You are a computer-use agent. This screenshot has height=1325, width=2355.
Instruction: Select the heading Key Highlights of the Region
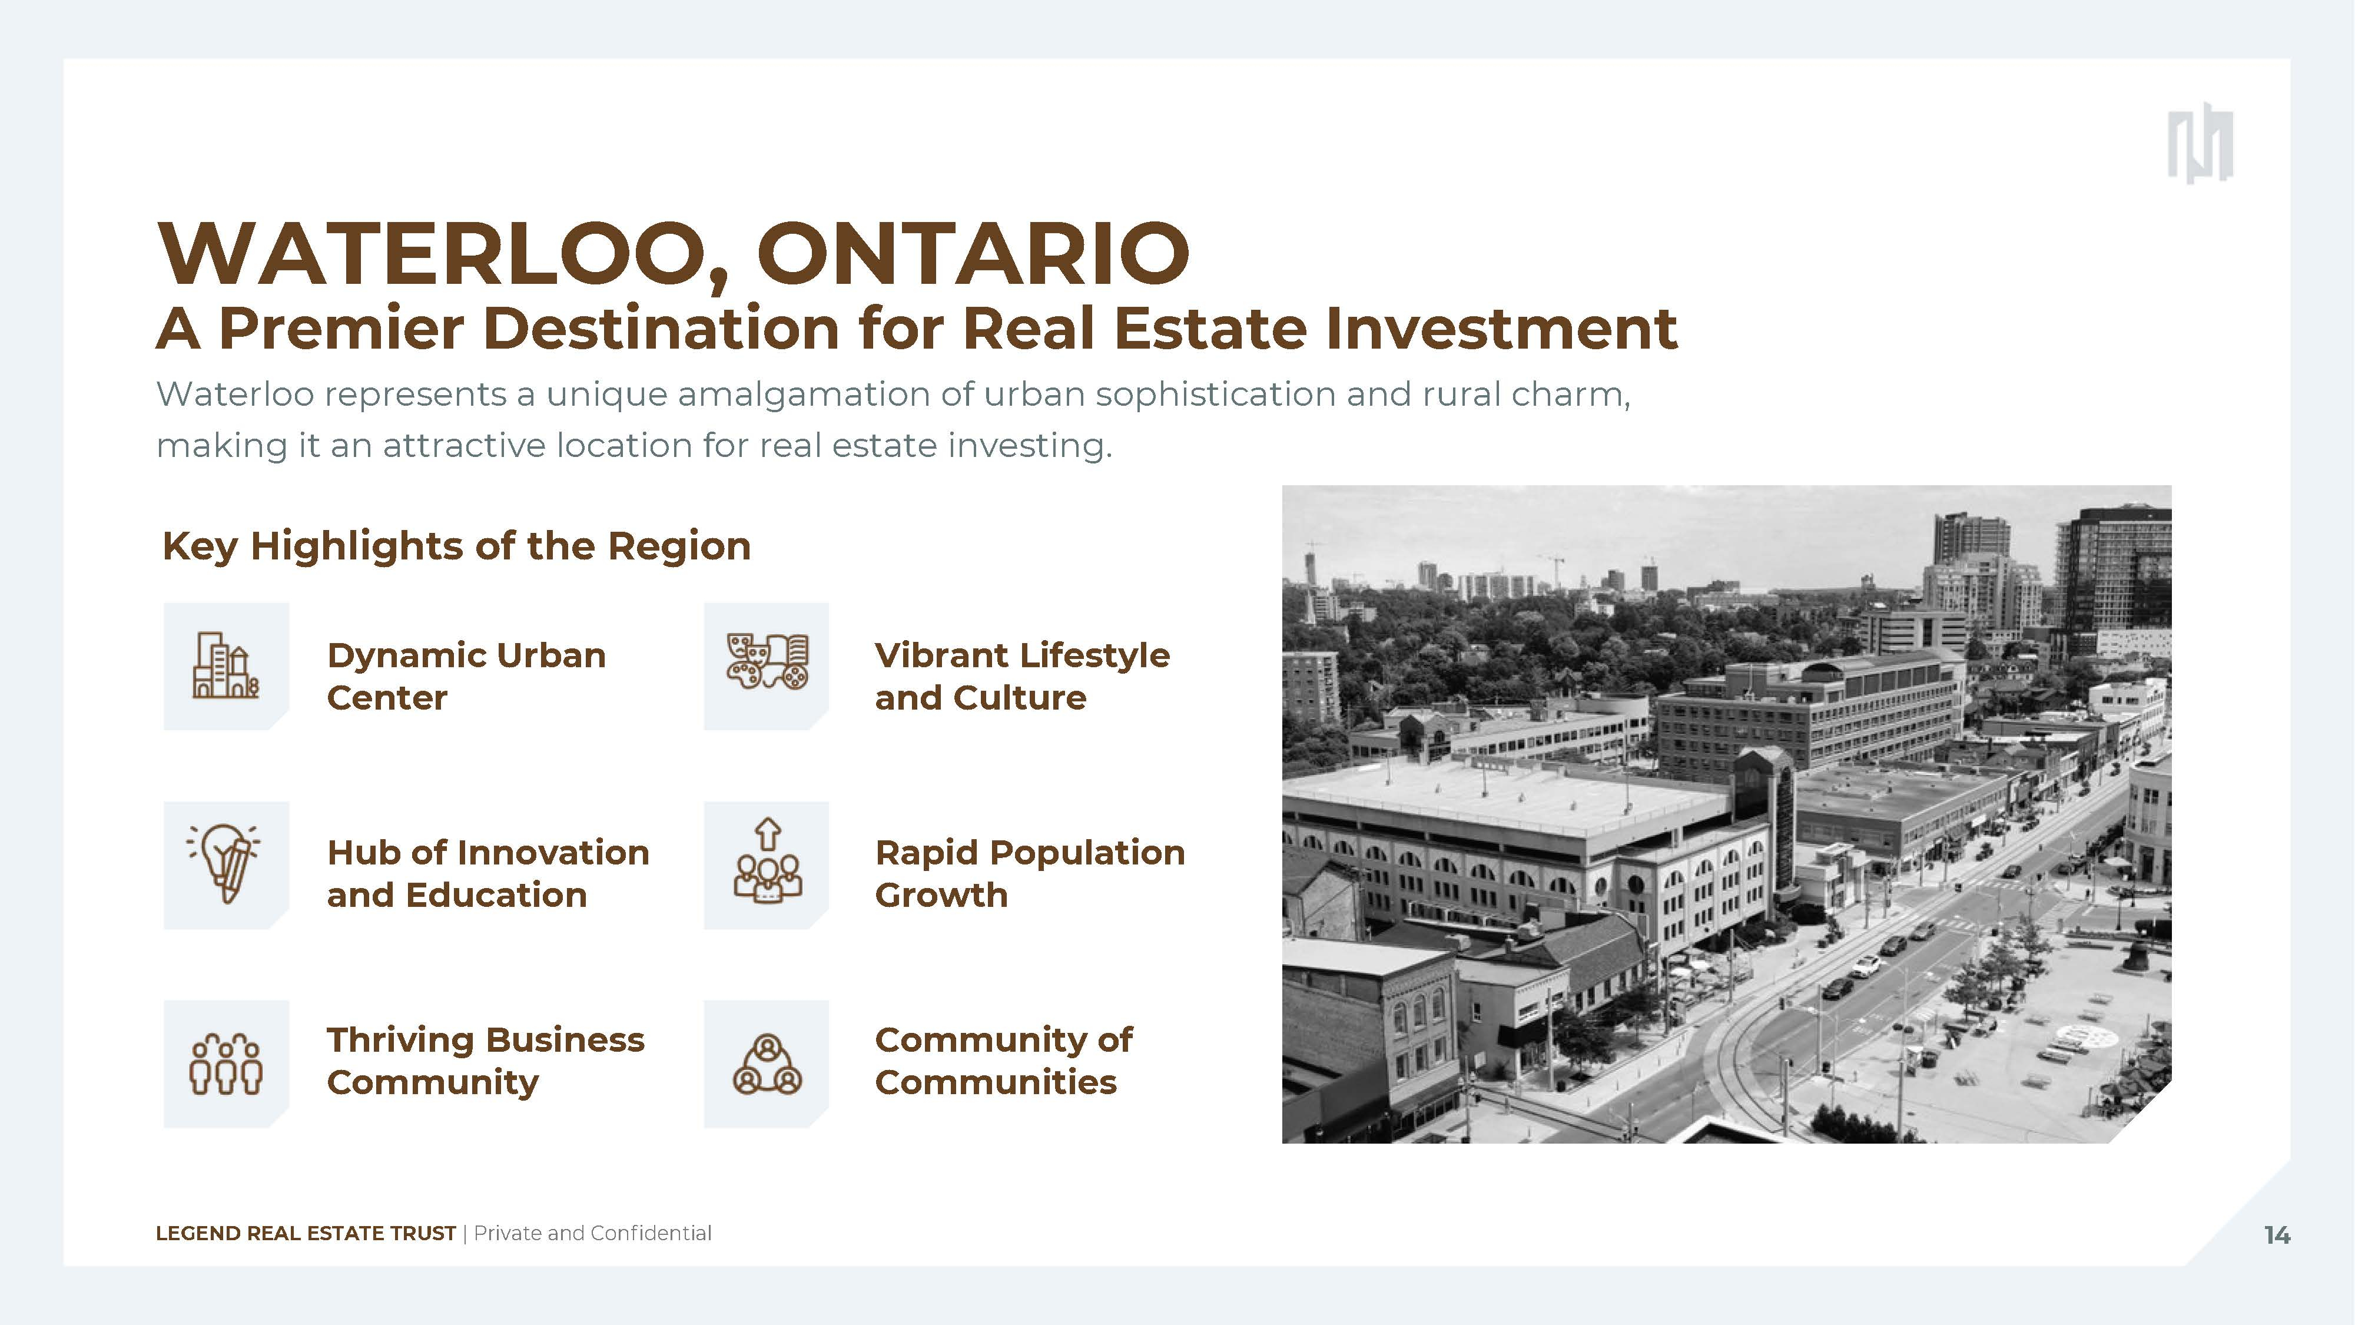456,546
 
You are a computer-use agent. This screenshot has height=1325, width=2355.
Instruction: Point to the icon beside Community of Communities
767,1064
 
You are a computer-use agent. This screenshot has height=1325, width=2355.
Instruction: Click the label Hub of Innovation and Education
488,873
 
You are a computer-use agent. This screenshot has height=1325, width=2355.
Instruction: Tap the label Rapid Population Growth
1029,873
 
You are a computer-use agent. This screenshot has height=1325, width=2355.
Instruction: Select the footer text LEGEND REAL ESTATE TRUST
306,1234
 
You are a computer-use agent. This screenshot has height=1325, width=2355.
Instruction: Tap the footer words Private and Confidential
592,1234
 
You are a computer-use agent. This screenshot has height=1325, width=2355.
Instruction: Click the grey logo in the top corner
2200,144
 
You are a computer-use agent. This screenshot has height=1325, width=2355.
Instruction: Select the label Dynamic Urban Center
466,677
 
